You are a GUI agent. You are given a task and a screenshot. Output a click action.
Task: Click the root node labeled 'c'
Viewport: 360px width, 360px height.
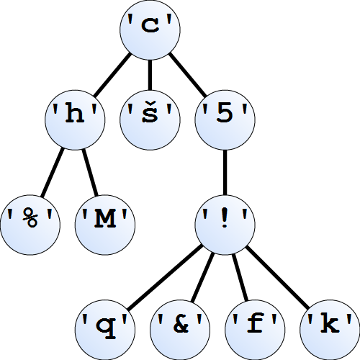point(150,30)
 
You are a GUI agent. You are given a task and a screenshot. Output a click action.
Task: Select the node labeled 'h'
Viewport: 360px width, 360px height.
point(75,120)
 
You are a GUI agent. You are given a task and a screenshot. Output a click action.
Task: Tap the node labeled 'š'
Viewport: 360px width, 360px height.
point(150,120)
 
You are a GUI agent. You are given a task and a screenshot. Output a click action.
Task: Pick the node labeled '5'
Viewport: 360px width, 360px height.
point(225,120)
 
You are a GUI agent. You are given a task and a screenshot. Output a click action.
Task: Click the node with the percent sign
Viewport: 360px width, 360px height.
point(30,225)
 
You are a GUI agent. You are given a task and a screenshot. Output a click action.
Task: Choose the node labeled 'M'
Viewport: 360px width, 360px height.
point(105,225)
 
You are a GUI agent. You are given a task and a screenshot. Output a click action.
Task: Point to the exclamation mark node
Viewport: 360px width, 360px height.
point(225,225)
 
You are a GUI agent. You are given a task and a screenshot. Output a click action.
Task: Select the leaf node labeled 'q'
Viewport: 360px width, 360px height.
point(105,330)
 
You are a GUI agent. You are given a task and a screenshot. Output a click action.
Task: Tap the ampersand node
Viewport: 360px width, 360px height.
point(180,330)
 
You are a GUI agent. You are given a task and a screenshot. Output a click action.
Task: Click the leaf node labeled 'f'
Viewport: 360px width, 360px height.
point(255,330)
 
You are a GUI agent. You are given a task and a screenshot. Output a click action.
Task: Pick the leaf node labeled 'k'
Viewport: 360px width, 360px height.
point(330,330)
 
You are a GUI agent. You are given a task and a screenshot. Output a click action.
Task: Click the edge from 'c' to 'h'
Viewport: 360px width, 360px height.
point(112,75)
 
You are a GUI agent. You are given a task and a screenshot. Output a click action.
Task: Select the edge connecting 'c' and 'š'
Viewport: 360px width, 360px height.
point(150,75)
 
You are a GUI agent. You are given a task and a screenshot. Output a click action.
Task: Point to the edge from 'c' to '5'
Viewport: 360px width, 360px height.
point(187,75)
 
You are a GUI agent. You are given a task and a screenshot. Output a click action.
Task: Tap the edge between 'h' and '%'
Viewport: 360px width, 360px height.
point(53,173)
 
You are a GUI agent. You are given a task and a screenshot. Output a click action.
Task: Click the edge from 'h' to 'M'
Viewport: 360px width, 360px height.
point(90,173)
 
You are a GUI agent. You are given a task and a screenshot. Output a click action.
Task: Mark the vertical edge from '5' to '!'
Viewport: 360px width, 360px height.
point(225,173)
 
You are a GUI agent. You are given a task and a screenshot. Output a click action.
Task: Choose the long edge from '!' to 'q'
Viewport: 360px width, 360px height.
point(165,277)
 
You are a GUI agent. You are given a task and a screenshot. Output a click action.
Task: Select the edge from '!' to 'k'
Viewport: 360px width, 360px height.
point(277,277)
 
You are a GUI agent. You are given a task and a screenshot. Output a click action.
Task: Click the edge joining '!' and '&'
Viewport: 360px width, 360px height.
point(202,277)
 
